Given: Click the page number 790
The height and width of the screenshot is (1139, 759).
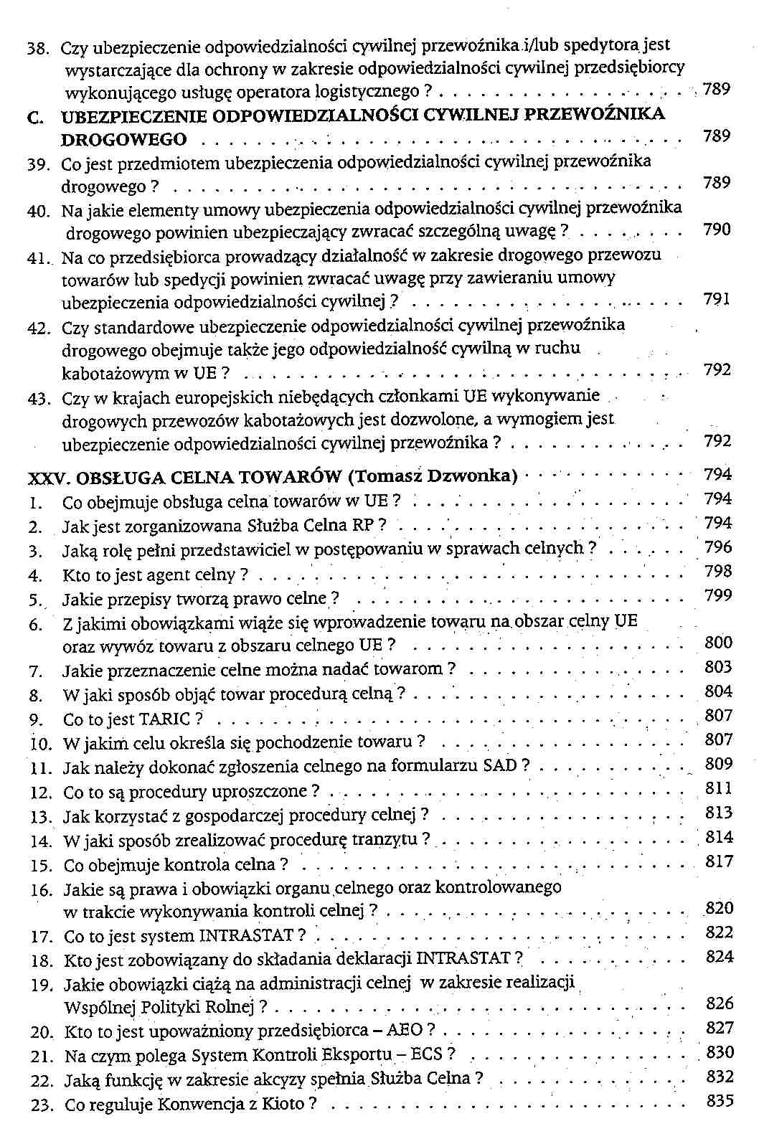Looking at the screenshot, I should [x=717, y=230].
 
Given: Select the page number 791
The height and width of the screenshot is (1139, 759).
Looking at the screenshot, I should [x=717, y=299].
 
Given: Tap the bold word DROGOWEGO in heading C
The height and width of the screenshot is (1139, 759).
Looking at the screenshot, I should [x=124, y=138].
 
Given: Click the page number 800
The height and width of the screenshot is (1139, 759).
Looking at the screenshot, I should [x=718, y=643].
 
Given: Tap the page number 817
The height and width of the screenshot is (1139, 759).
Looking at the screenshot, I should [x=719, y=861].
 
